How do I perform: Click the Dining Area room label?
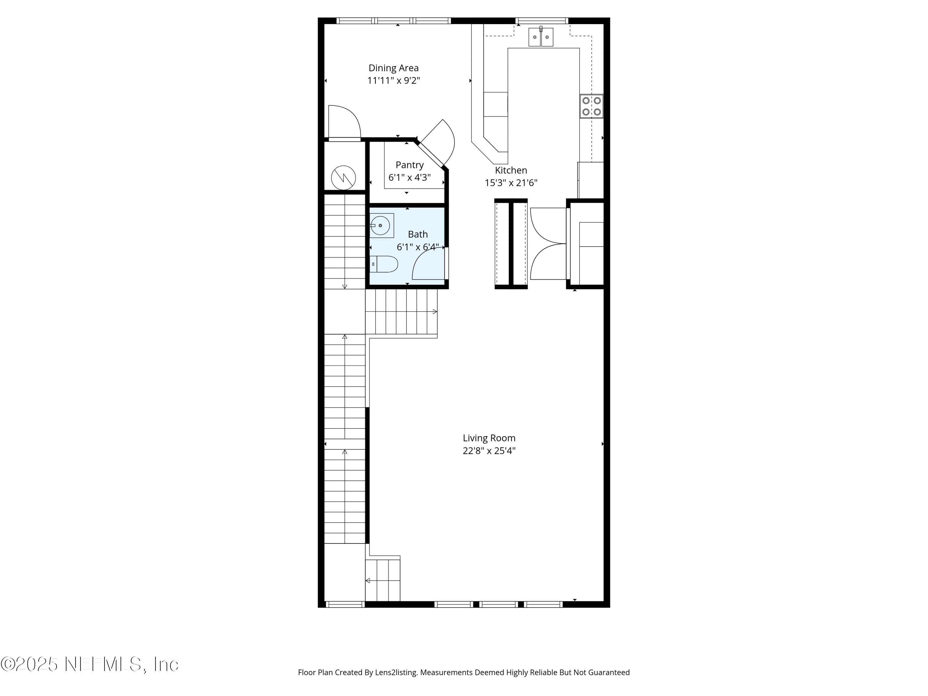coord(393,68)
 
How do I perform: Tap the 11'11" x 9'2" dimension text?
coord(393,80)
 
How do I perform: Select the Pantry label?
coord(410,165)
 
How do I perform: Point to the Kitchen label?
coord(511,170)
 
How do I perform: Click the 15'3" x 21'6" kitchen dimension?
coord(511,183)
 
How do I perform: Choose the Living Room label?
coord(489,438)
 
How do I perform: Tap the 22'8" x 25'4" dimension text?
coord(489,451)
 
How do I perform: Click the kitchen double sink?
coord(540,37)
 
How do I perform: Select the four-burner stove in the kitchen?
coord(591,106)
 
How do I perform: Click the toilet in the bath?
coord(385,264)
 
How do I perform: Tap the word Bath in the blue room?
coord(417,234)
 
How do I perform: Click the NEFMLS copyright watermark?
coord(89,664)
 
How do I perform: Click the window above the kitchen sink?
coord(541,20)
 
